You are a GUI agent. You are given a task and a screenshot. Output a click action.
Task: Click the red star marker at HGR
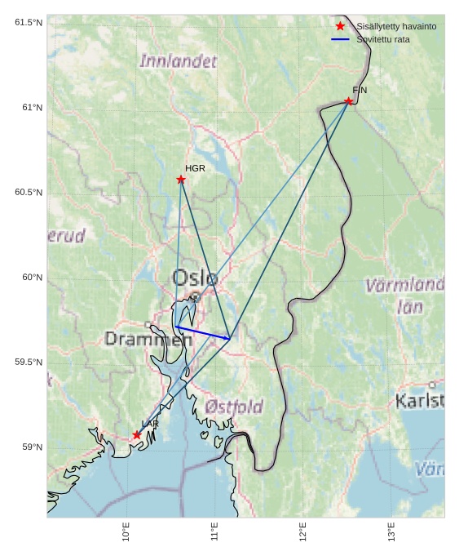(181, 180)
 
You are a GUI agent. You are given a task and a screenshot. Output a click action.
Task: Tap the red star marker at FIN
(348, 101)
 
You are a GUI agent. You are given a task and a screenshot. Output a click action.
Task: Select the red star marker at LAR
(137, 435)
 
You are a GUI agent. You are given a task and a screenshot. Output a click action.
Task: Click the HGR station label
(195, 168)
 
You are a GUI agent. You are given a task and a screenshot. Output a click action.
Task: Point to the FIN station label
(360, 90)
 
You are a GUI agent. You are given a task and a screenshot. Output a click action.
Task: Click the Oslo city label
(195, 278)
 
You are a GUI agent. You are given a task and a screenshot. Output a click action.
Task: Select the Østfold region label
(234, 407)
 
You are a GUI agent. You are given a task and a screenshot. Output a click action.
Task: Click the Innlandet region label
(179, 61)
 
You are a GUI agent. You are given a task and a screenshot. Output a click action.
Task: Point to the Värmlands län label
(405, 296)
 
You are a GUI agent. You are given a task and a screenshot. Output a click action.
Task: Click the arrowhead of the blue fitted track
(227, 337)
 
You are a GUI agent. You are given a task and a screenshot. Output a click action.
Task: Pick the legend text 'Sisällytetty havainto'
(396, 27)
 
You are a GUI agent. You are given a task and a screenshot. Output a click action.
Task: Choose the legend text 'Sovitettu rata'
(383, 39)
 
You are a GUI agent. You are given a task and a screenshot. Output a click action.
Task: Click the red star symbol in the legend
(340, 27)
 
